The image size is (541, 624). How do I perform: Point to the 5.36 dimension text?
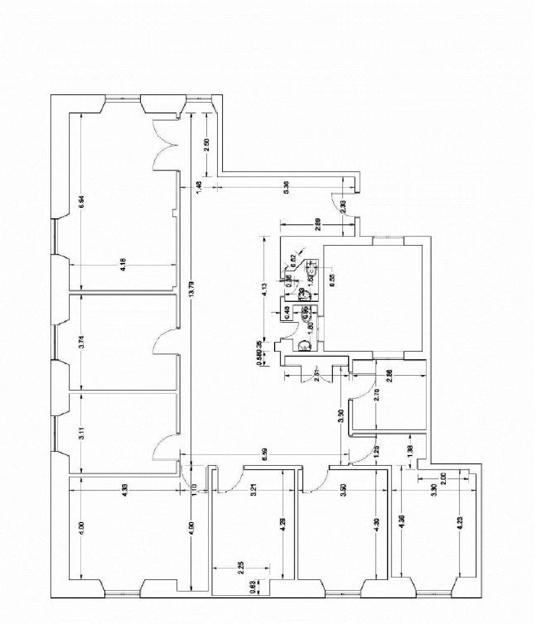coord(286,187)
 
